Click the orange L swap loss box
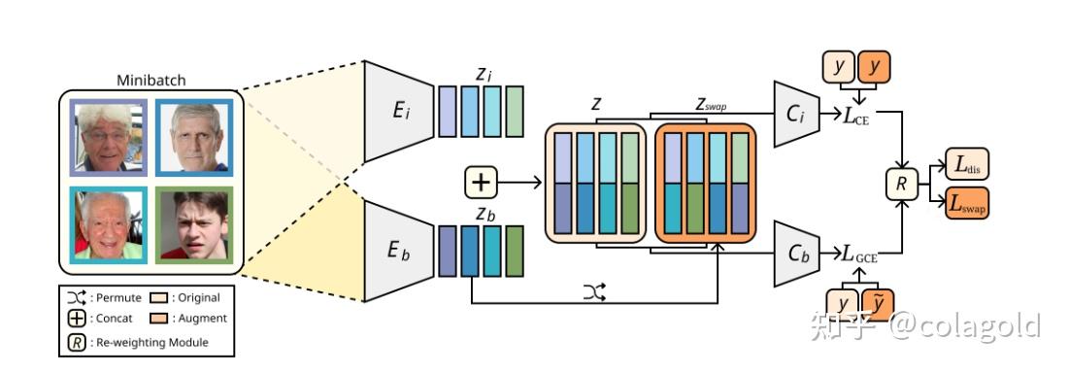pos(967,203)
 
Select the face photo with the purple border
pos(107,138)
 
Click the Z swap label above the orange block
pos(711,104)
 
